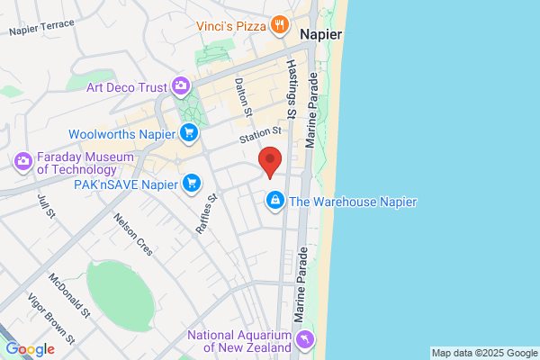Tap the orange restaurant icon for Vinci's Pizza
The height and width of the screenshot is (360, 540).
coord(281,25)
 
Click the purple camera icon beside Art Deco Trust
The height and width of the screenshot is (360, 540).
coord(182,86)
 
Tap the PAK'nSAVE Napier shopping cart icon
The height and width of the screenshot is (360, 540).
coord(191,184)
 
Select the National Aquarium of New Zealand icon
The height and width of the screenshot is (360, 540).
coord(305,339)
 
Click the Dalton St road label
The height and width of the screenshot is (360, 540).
coord(241,95)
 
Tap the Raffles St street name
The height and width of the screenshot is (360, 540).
coord(207,214)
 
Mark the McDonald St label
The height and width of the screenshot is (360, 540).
coord(69,296)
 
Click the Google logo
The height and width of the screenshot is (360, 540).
coord(30,348)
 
